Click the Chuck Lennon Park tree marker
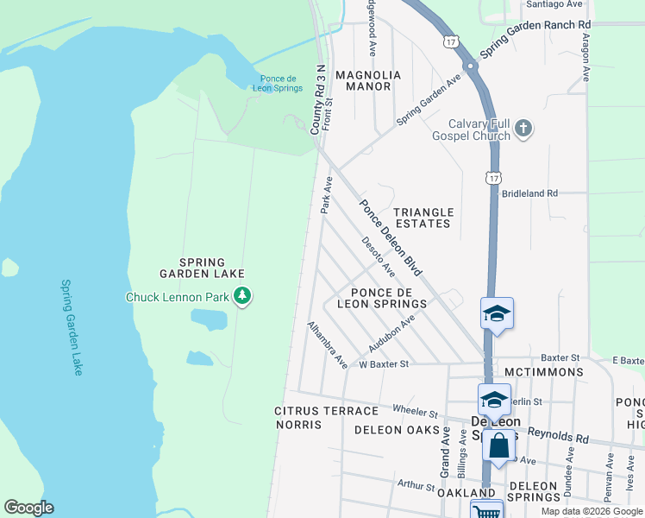(243, 297)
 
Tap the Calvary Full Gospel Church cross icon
(523, 130)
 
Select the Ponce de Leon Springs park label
(278, 83)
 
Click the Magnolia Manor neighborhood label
(368, 82)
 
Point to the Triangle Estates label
(423, 218)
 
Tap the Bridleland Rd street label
(530, 193)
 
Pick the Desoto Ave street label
(379, 257)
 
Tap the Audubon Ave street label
(391, 333)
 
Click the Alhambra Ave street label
(328, 343)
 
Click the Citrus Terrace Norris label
(314, 417)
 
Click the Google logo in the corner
(28, 508)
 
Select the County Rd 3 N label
(318, 98)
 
